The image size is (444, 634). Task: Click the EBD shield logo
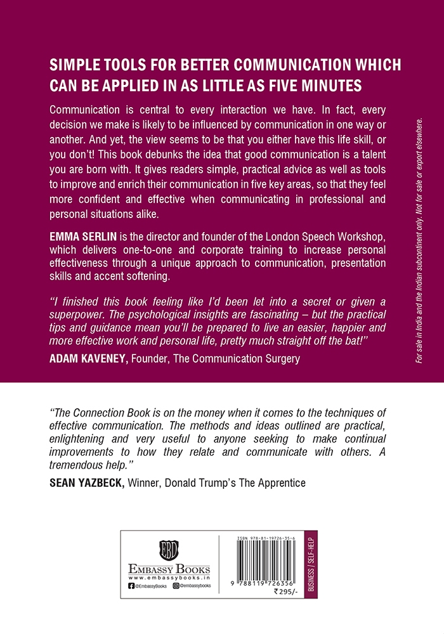point(169,547)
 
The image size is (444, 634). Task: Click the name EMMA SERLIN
point(81,236)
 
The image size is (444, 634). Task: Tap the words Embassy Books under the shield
point(169,569)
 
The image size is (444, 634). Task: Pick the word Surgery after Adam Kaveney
point(280,359)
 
